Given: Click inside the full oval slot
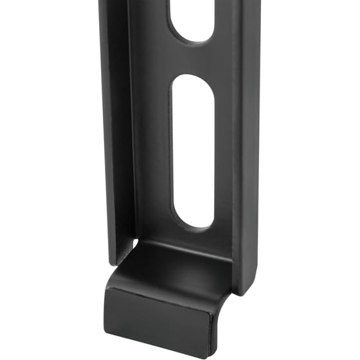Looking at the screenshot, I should pyautogui.click(x=193, y=151).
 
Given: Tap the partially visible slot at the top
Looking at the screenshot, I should pyautogui.click(x=192, y=19).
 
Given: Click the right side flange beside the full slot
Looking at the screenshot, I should pyautogui.click(x=248, y=151).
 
